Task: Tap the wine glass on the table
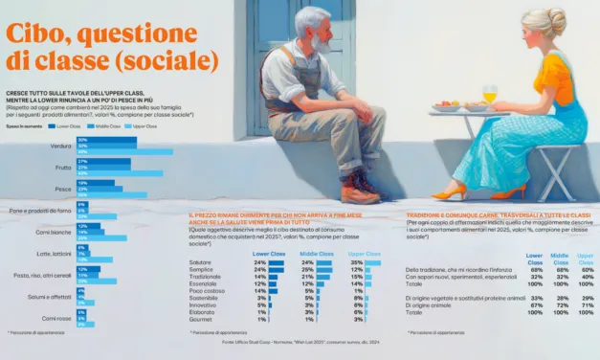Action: [x=490, y=95]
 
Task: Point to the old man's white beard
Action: [x=320, y=44]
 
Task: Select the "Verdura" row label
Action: [x=61, y=146]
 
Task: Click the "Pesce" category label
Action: [x=63, y=188]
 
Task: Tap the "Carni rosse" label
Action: [x=56, y=318]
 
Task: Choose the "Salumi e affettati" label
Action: [x=53, y=297]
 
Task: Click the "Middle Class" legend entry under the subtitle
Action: [x=109, y=126]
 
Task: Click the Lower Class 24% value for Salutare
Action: [x=259, y=262]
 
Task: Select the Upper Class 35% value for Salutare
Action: [x=357, y=262]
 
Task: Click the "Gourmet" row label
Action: [x=201, y=319]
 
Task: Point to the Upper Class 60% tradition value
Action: [x=586, y=270]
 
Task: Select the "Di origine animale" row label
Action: [x=432, y=304]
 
